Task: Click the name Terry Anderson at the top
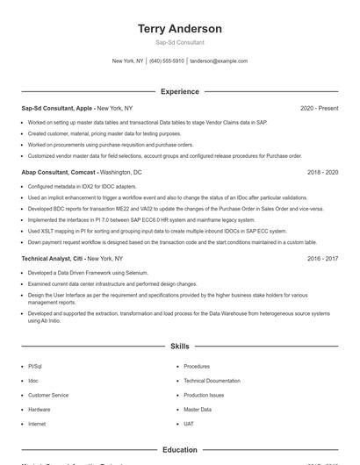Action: coord(179,29)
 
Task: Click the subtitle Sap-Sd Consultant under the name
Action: coord(179,42)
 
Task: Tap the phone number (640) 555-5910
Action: coord(167,61)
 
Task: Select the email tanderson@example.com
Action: coord(219,61)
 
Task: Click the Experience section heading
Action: coord(179,91)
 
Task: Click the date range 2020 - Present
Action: coord(319,109)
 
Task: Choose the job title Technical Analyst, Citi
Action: coord(53,260)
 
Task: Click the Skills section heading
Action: coord(179,347)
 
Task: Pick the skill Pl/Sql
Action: coord(35,367)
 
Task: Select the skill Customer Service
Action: coord(48,395)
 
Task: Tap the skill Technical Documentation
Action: coord(212,381)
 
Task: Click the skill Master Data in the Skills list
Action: coord(198,410)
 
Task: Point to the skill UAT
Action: coord(189,424)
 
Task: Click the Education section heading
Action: coord(179,450)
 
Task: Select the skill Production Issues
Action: coord(204,395)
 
